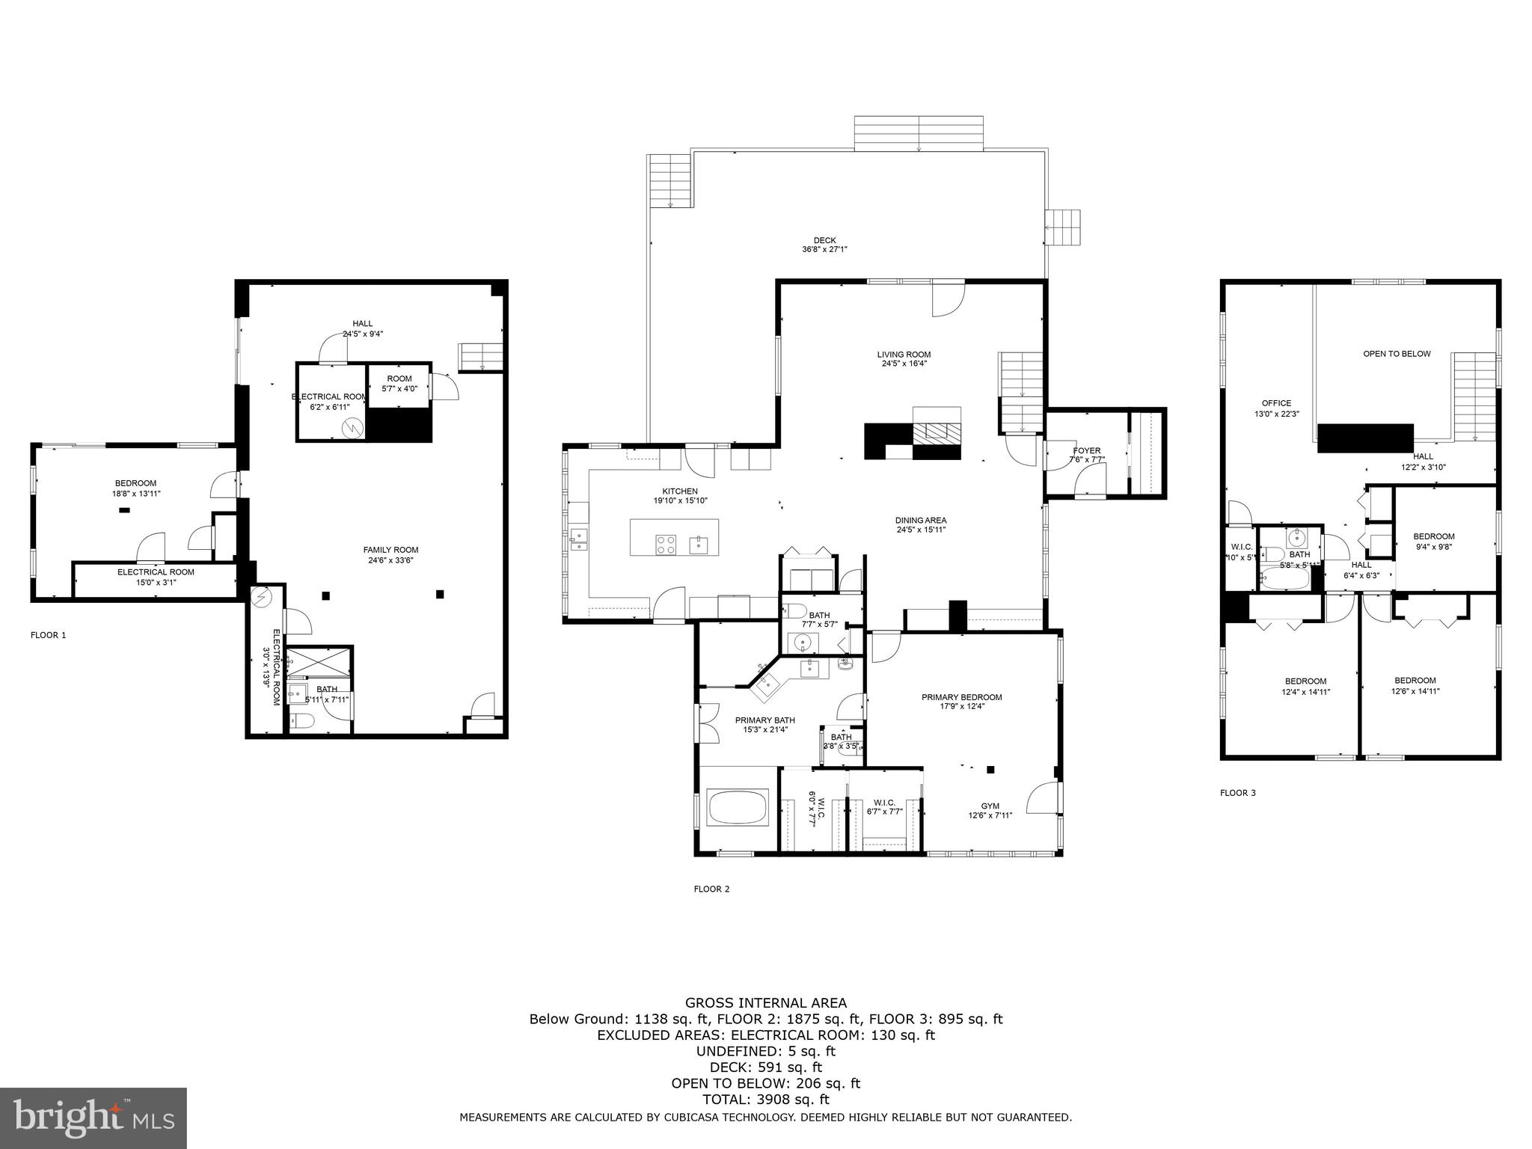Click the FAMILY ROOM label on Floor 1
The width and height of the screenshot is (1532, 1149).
pos(390,555)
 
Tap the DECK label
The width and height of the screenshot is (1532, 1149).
pos(824,245)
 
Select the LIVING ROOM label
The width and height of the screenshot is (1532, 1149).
pos(904,359)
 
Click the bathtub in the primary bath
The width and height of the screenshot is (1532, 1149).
pos(738,807)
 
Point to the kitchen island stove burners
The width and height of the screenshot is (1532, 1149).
pos(666,544)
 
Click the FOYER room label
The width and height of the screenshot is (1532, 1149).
pos(1086,455)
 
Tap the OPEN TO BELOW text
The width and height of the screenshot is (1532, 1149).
pos(1396,354)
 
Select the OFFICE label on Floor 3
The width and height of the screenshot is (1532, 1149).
pos(1276,408)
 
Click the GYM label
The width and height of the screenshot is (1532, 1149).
pos(990,810)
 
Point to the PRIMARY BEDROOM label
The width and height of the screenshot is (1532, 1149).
pos(961,701)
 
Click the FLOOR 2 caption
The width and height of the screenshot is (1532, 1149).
pos(711,889)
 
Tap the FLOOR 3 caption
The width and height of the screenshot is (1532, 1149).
pos(1237,792)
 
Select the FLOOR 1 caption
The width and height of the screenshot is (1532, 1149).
pos(48,635)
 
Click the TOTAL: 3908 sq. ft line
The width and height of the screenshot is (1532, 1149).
pos(765,1100)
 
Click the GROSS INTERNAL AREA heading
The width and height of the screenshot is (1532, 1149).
pos(765,1003)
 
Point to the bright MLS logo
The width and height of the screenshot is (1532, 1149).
pos(94,1118)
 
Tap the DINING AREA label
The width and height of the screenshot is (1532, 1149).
pos(921,524)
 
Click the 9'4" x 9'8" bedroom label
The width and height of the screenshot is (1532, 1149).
pos(1433,541)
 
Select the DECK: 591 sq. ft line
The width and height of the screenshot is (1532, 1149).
pos(765,1067)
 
